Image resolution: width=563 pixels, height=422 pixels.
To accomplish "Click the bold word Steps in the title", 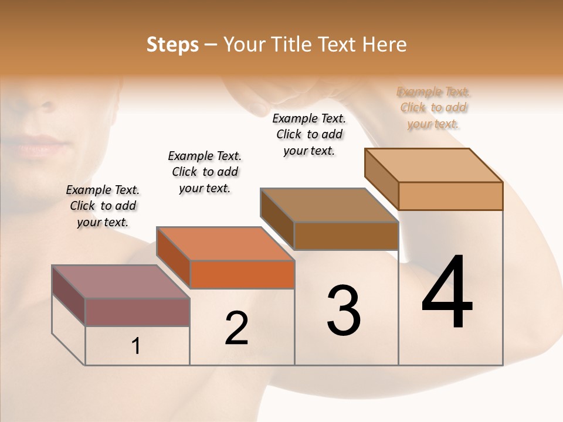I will [172, 45].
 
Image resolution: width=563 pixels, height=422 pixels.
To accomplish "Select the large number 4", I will [447, 292].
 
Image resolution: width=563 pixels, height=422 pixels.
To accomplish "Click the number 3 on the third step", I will [344, 311].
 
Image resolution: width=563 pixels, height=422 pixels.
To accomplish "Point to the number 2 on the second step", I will [237, 328].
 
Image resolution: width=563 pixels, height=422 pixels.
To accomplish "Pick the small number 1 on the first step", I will [136, 346].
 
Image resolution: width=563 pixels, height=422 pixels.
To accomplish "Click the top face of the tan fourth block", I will [434, 165].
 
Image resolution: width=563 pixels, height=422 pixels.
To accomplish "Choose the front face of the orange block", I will [242, 274].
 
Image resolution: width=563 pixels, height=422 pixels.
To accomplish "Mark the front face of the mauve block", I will [138, 312].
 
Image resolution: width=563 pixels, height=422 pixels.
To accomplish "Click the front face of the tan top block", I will [450, 196].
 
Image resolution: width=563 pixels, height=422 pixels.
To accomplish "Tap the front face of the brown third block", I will [346, 236].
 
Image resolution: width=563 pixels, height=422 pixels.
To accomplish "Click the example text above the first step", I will [103, 206].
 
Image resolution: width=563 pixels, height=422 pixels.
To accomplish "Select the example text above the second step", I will [205, 172].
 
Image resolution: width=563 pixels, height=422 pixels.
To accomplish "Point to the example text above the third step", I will [309, 134].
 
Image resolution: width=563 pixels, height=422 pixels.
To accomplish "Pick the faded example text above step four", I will [433, 107].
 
